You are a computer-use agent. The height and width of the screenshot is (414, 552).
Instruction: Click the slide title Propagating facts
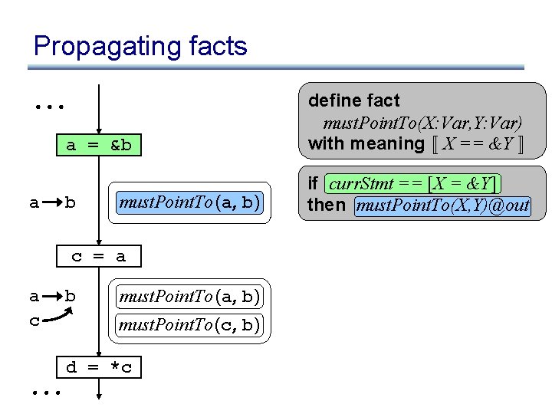click(x=140, y=46)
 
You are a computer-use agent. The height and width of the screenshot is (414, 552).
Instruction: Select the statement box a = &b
click(x=99, y=146)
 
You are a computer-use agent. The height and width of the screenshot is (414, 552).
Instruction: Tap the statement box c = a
click(x=99, y=257)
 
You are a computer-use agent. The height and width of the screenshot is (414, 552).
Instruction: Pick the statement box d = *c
click(x=99, y=367)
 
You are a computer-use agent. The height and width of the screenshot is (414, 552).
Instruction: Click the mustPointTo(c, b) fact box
click(x=190, y=325)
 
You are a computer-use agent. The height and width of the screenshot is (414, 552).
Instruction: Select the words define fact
click(x=353, y=100)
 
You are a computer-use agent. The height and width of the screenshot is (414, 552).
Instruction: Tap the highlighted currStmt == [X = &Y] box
click(x=413, y=184)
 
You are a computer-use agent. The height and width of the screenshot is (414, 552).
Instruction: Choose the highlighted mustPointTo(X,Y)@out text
click(x=443, y=205)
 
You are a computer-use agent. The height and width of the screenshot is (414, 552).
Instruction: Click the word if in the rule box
click(x=313, y=184)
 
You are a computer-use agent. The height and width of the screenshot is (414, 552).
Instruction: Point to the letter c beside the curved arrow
click(x=34, y=320)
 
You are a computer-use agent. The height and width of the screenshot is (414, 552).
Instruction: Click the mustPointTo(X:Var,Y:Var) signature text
click(x=422, y=123)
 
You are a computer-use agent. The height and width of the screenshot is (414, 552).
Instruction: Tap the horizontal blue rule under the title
click(x=276, y=67)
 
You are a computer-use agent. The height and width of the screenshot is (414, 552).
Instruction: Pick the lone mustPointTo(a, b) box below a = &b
click(x=190, y=203)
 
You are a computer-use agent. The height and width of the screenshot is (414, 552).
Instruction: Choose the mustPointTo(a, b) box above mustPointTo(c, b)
click(x=190, y=296)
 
